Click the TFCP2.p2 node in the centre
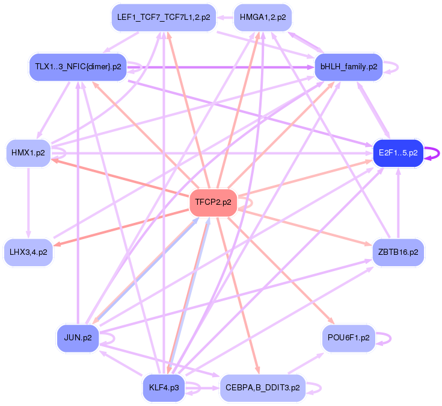[213, 202]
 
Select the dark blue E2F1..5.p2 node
[398, 153]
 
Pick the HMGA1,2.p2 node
[263, 17]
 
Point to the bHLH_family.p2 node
[349, 66]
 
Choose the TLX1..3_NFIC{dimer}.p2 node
[78, 66]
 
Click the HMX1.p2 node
[28, 153]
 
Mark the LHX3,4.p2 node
[28, 252]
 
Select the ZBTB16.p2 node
[398, 252]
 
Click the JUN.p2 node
[78, 337]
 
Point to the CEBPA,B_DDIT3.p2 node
[263, 387]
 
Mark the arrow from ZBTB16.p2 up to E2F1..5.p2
[398, 202]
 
